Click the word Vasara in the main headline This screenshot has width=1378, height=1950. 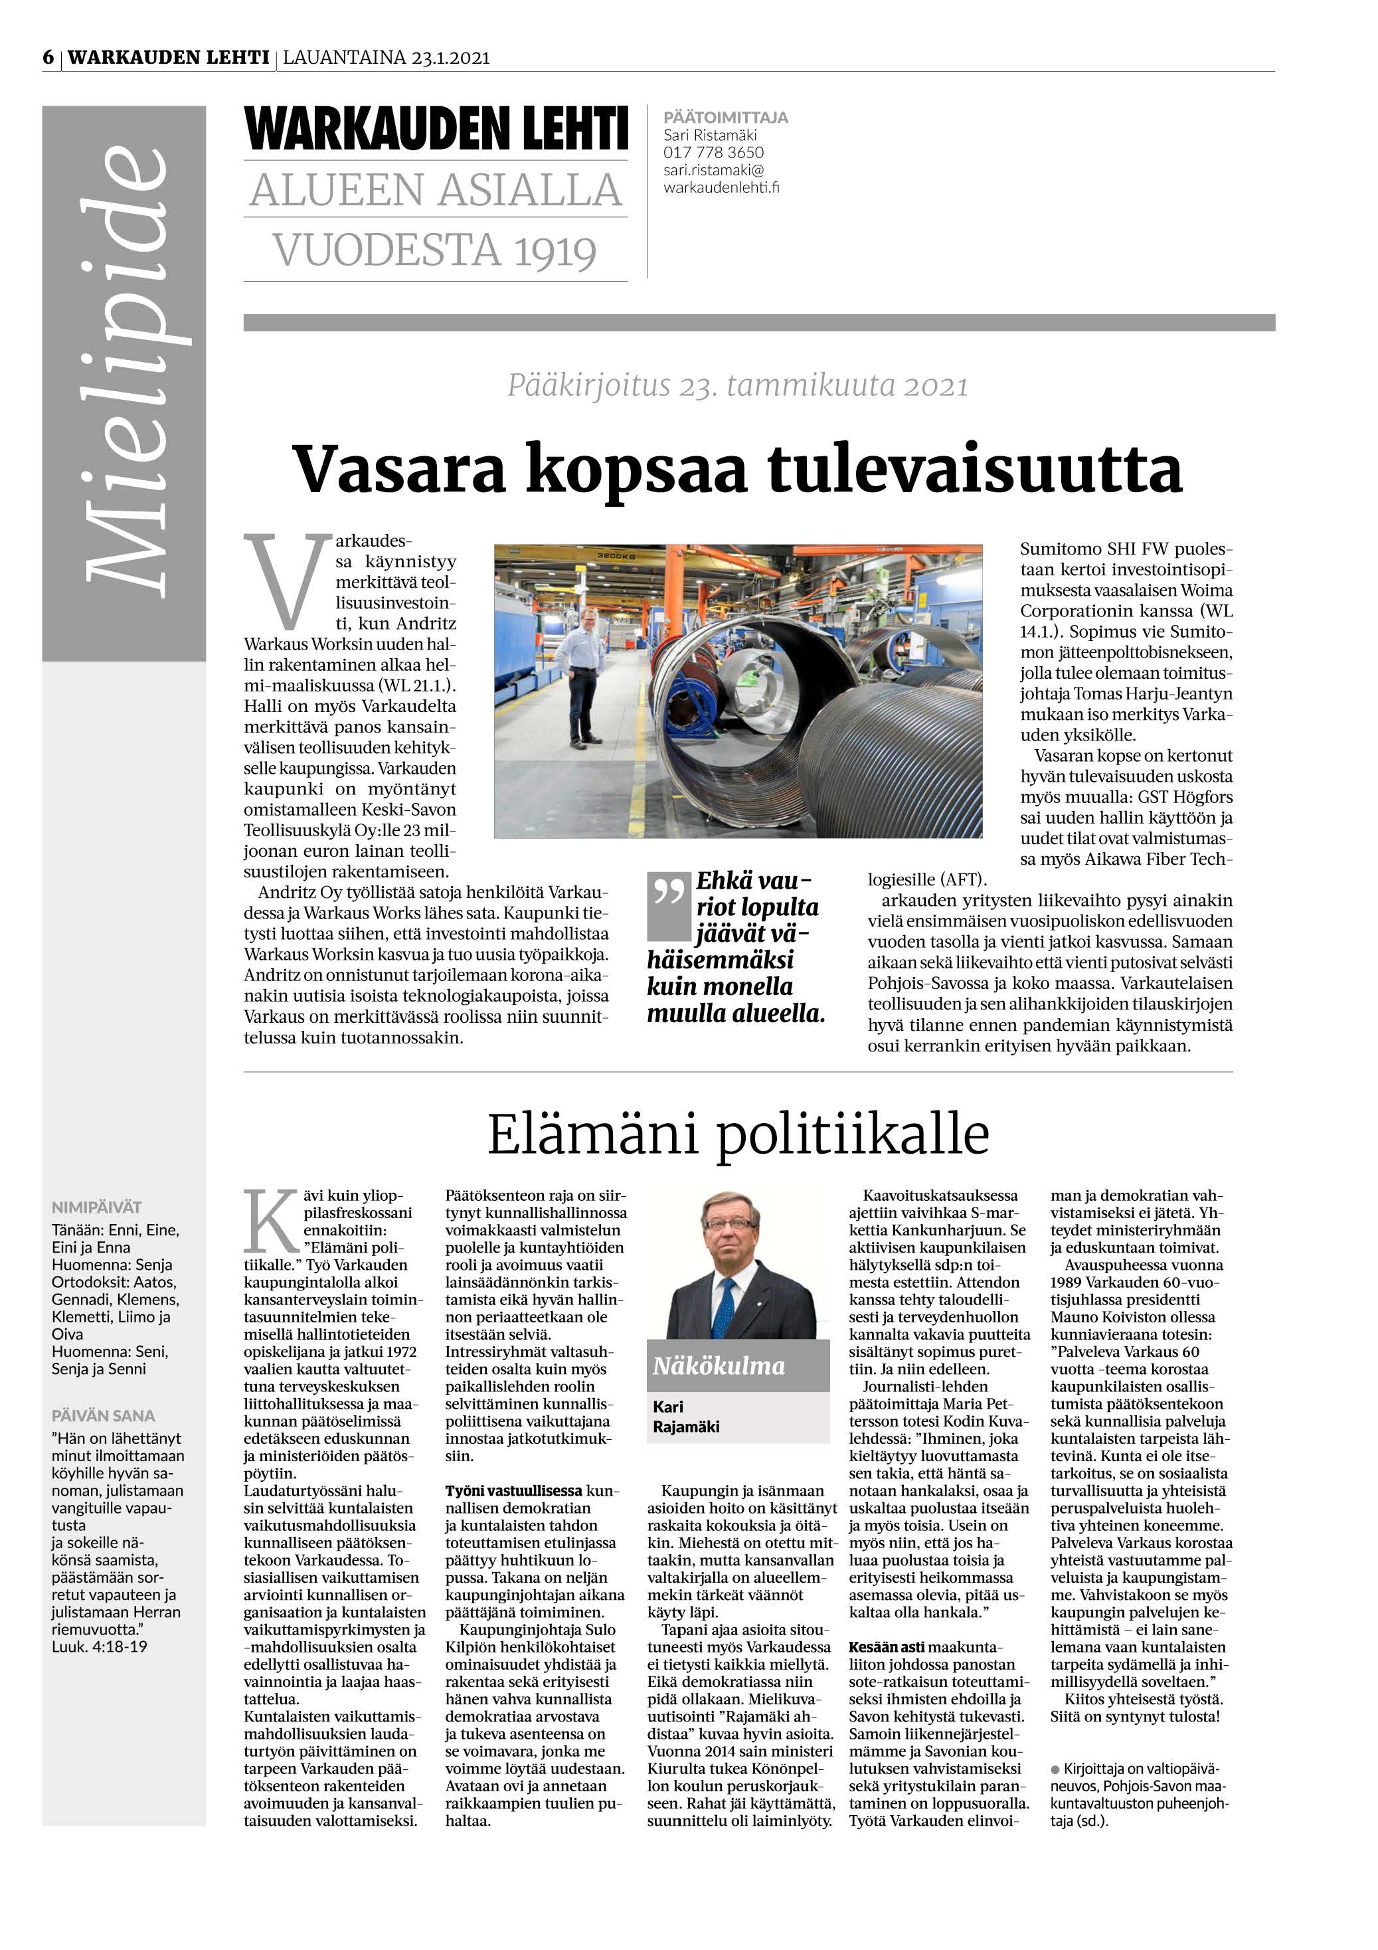pos(399,470)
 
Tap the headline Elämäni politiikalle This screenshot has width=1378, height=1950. pos(738,1134)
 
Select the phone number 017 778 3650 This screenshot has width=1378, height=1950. pos(713,152)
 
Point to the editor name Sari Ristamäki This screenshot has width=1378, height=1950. pos(710,135)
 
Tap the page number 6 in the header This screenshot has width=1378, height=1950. pos(48,58)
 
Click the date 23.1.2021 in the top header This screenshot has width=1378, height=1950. pos(451,58)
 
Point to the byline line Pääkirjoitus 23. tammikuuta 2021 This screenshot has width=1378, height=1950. pos(737,387)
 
